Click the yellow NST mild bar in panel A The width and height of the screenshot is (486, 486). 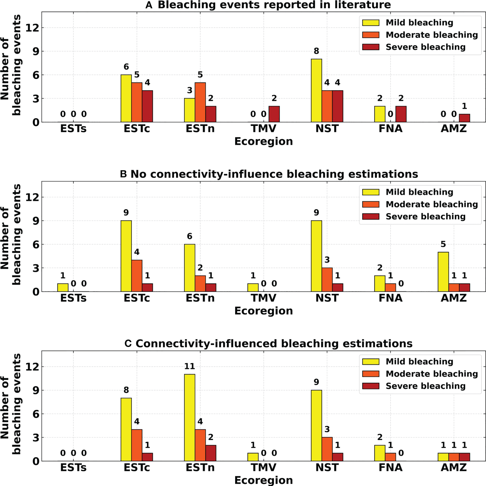coord(316,91)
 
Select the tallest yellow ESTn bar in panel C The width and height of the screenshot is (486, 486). coord(190,418)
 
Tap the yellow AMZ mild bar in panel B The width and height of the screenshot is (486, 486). coord(443,272)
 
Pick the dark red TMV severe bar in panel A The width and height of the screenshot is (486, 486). coord(274,114)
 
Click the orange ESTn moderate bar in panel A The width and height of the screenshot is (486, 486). coord(200,102)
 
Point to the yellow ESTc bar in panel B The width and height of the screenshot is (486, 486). coord(126,256)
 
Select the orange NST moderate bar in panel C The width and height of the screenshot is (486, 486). coord(327,449)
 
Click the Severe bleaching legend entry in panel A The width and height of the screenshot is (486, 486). coord(425,47)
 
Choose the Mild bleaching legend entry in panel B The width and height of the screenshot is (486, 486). coord(419,192)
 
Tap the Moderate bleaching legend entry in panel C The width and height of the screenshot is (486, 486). coord(432,374)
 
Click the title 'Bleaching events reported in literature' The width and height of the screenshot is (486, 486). coord(274,5)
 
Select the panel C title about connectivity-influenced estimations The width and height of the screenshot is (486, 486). coord(274,344)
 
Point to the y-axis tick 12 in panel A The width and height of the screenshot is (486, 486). coord(33,28)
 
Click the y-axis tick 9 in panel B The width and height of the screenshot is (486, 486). coord(36,221)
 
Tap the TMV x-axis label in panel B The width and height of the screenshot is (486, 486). coord(263,298)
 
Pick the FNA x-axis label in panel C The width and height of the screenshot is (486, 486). coord(390,467)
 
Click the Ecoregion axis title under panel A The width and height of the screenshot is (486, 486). coord(263,141)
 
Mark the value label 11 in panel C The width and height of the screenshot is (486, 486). coord(190,367)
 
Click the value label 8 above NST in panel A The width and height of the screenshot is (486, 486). coord(316,51)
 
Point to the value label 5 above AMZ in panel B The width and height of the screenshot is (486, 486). coord(443,244)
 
